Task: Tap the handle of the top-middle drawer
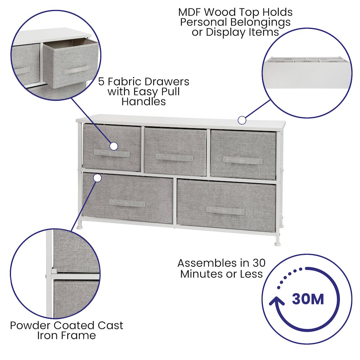(174, 158)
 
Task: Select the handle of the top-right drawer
(242, 160)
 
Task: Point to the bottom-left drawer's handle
(127, 203)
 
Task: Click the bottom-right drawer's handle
(225, 211)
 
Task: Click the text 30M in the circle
(308, 299)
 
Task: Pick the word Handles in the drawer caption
(144, 101)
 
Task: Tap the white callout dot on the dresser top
(242, 120)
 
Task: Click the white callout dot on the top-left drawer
(114, 146)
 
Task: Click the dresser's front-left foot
(80, 228)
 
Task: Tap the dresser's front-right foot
(277, 244)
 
